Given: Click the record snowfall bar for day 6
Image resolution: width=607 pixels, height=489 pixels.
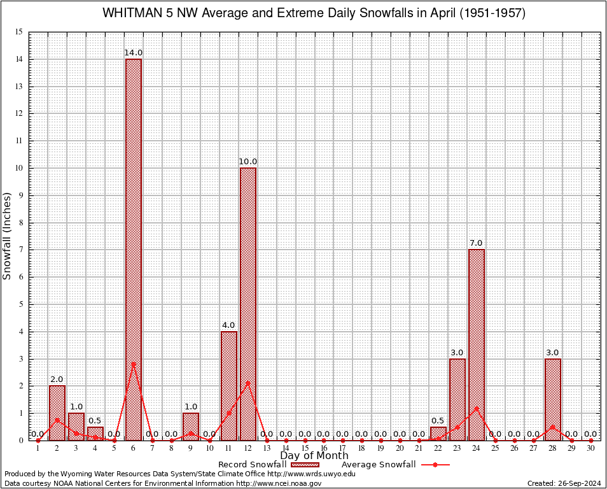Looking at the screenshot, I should coord(134,248).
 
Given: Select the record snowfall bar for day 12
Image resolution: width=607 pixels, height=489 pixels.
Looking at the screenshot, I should coord(248,303).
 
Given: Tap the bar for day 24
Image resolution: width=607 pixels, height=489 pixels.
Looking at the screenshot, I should coord(476,344).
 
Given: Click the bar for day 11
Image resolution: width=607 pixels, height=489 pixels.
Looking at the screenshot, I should coord(228,385).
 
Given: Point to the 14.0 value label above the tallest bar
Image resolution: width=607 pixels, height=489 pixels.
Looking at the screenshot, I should coord(134,53).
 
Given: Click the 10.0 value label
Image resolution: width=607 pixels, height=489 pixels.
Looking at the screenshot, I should coord(248,162).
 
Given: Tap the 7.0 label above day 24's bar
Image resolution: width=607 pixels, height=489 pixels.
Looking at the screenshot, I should coord(476,243).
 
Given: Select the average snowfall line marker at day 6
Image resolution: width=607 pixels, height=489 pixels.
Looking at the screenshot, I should coord(134,364).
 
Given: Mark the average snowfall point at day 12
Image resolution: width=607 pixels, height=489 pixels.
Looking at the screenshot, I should coord(248,382).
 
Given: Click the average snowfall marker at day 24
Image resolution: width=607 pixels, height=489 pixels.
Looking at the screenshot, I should coord(476,408).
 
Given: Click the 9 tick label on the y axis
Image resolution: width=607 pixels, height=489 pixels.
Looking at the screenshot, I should coord(21,195).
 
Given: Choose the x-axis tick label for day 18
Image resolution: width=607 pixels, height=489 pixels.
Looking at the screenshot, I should coord(361,448).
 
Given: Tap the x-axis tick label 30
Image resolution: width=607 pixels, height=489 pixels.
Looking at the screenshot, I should coord(590,448).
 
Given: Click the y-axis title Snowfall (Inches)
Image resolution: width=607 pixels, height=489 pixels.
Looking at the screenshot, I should coord(8,236).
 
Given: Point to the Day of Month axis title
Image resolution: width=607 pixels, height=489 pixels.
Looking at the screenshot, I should coord(314,455).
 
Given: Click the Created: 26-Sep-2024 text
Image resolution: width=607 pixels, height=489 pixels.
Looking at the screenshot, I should coord(564,483).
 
